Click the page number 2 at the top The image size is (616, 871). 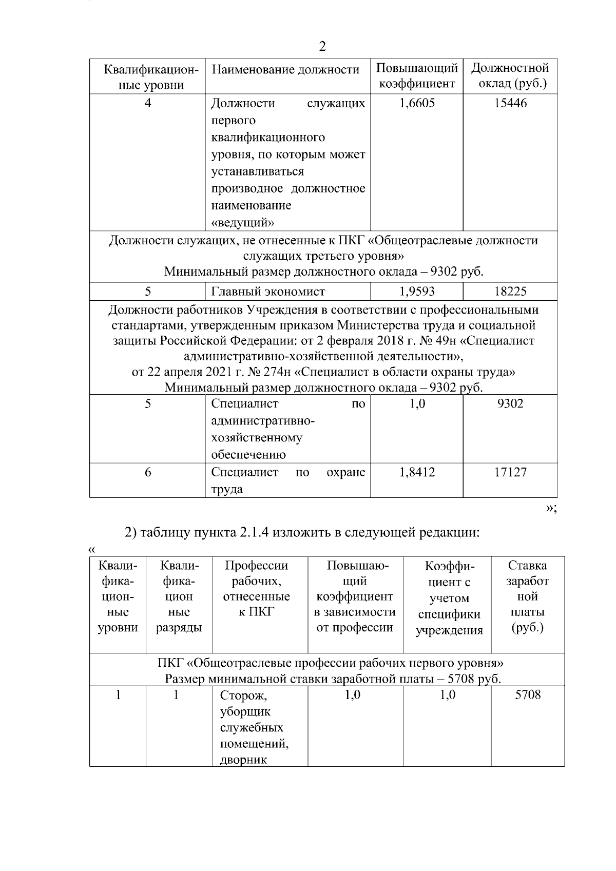click(322, 47)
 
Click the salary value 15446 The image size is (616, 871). click(510, 104)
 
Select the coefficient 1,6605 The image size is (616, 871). click(417, 104)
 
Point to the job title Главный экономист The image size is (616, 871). click(268, 292)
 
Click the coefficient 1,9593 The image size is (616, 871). click(417, 292)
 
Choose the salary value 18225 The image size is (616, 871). click(510, 292)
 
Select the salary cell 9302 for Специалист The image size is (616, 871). click(510, 404)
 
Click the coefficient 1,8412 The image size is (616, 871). click(417, 473)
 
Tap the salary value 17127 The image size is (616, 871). click(510, 473)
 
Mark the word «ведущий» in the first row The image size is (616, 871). click(242, 223)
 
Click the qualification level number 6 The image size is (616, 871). click(148, 473)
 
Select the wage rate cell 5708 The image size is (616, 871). click(528, 695)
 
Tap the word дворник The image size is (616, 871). click(243, 760)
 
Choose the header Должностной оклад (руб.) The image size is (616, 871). click(510, 76)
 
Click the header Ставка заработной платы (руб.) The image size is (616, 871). click(528, 596)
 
